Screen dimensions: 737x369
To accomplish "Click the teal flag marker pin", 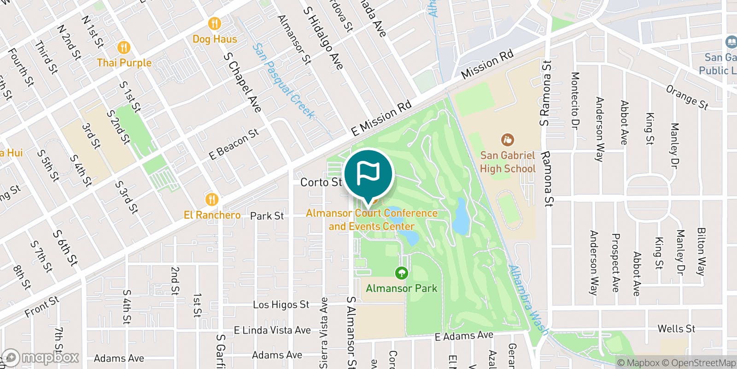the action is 368,174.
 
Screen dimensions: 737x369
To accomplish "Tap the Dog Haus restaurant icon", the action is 214,23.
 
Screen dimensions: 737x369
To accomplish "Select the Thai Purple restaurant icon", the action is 123,47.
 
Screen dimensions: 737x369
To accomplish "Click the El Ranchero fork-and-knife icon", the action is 211,199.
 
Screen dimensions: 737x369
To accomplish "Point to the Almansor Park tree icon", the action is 402,273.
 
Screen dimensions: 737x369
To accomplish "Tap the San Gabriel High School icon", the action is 507,139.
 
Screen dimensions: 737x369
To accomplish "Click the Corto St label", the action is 321,183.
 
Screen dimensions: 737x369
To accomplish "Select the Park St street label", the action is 267,216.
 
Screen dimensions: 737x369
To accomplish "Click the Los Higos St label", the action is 281,304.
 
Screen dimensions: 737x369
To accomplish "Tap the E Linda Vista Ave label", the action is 272,330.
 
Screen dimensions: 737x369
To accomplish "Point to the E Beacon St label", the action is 234,144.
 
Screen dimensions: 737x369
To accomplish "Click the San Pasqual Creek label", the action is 283,81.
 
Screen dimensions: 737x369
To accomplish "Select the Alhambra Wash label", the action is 528,300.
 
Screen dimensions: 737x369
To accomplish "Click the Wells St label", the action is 676,329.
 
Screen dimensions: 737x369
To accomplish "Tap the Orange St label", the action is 687,97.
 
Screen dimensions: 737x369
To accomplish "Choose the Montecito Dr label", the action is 575,101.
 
